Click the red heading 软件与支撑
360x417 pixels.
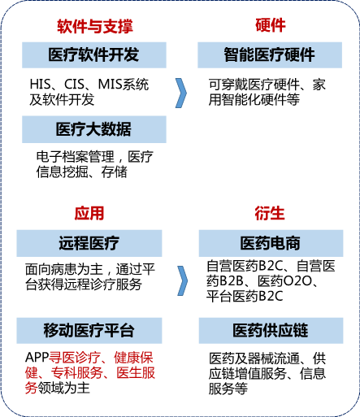(95, 27)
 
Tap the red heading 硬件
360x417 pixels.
(271, 25)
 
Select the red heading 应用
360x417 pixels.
(89, 213)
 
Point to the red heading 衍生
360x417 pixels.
(270, 213)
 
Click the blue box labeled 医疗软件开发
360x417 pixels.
(94, 55)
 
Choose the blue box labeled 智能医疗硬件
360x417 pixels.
(270, 55)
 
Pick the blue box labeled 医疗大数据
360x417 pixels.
(94, 129)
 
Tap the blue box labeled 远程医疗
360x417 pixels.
(89, 243)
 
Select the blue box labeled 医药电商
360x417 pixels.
(271, 243)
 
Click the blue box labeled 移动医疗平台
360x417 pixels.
(89, 331)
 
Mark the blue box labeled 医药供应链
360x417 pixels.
(271, 331)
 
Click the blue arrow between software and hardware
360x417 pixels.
(182, 93)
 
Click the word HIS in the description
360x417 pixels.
(40, 85)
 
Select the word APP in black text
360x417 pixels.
(37, 358)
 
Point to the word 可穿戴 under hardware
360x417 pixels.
(228, 85)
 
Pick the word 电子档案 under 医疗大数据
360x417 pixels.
(62, 157)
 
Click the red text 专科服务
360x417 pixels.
(77, 373)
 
